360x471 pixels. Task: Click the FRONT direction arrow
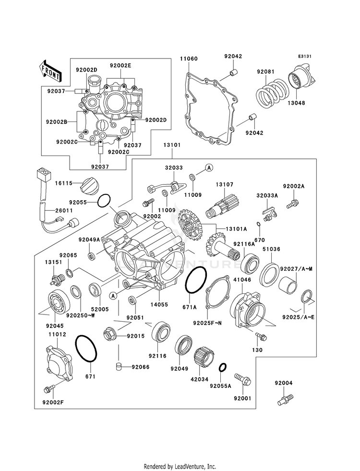(x=50, y=71)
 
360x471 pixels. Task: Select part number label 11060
(x=189, y=59)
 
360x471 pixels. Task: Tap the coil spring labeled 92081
(x=273, y=93)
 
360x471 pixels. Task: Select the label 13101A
(x=236, y=229)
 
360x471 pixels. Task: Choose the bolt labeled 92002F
(x=50, y=389)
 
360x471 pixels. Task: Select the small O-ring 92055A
(x=223, y=367)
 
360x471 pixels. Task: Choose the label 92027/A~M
(x=296, y=269)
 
